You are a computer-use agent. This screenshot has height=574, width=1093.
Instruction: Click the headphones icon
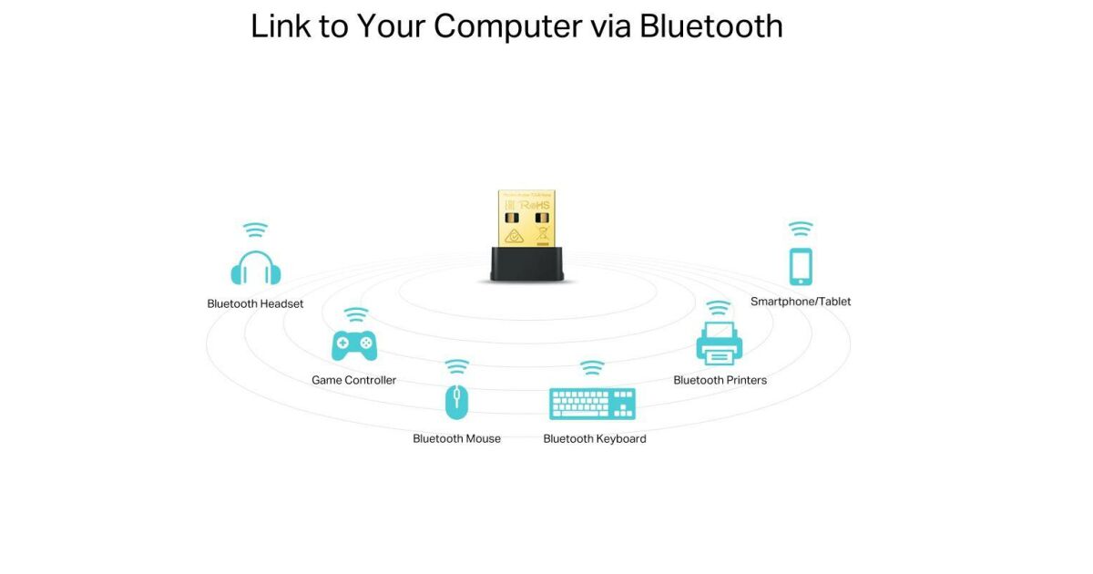[256, 268]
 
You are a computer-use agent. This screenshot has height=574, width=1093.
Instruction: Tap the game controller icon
[354, 344]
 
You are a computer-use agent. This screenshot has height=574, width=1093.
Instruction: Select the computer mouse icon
[456, 402]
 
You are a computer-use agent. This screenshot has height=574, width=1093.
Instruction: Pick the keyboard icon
[592, 403]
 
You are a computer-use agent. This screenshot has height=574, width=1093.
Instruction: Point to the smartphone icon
[801, 266]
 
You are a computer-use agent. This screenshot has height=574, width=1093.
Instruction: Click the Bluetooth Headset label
[255, 303]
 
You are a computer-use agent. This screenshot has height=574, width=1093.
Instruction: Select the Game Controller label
[353, 380]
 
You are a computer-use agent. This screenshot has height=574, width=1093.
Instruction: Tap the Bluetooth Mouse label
[456, 438]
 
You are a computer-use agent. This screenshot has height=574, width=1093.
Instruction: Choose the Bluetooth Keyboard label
[595, 438]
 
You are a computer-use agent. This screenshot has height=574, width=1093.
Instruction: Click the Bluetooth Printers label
[720, 380]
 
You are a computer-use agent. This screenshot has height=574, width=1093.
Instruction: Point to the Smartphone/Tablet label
[801, 302]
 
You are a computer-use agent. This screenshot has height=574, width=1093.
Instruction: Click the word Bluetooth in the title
[710, 26]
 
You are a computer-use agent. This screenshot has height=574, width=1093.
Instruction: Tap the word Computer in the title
[507, 26]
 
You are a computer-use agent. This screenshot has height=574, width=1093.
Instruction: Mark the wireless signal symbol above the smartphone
[801, 229]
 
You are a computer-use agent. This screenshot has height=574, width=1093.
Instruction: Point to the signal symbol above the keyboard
[592, 368]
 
